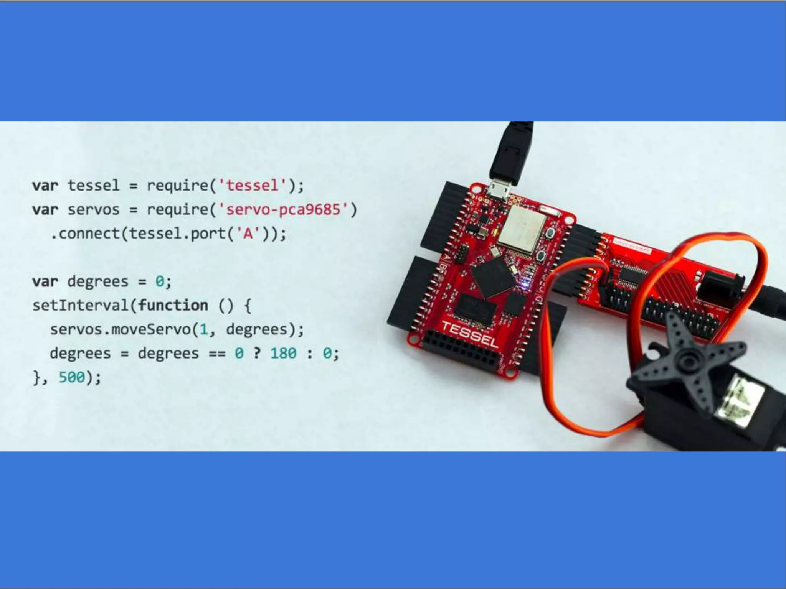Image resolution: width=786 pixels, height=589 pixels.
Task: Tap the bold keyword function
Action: click(x=173, y=306)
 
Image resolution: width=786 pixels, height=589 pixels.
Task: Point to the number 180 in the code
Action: click(x=283, y=353)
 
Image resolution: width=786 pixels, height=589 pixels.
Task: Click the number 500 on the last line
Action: click(x=71, y=377)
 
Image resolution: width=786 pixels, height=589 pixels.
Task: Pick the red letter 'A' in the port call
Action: click(x=248, y=234)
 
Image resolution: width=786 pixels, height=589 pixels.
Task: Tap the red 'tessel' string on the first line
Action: click(x=252, y=186)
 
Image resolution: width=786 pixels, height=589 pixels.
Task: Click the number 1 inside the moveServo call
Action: click(x=203, y=329)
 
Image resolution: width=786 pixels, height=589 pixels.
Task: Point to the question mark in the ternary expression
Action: click(x=257, y=353)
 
